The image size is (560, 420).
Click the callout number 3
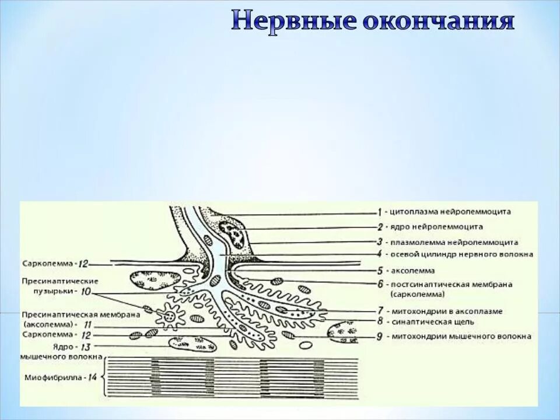(x=379, y=242)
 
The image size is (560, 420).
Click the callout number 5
(x=380, y=271)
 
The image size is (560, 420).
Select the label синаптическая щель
(x=433, y=321)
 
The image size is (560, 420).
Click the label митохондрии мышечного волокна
(x=461, y=336)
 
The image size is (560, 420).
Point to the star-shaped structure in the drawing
(x=171, y=317)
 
